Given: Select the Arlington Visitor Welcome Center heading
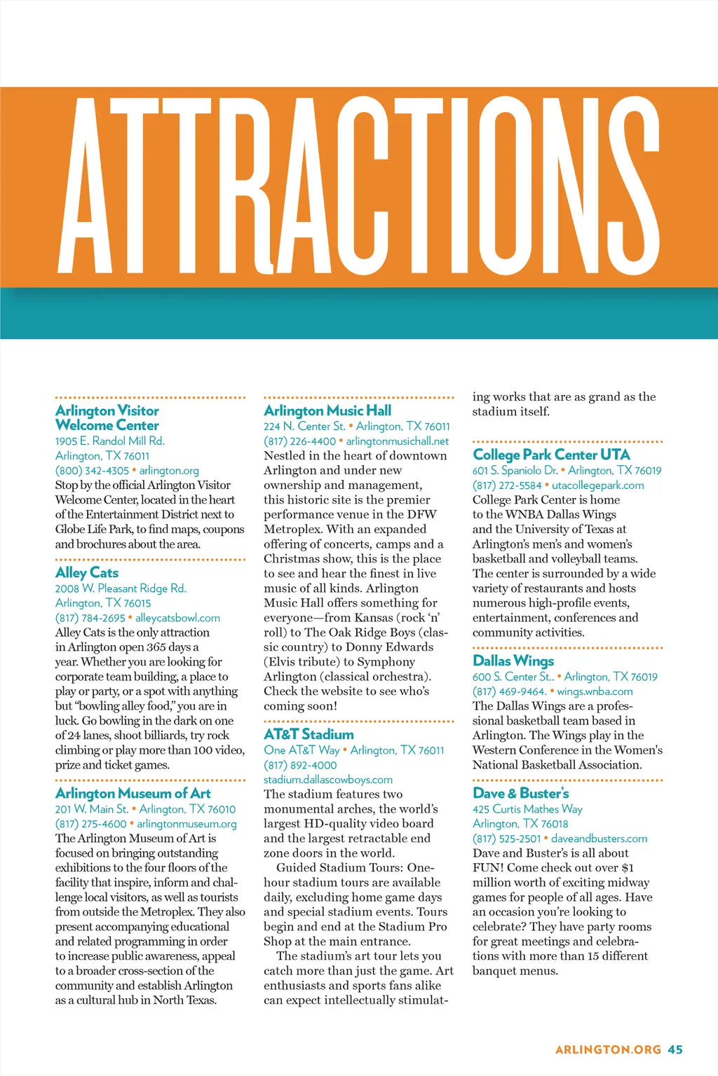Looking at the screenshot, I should [107, 418].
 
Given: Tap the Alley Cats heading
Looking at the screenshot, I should [87, 573].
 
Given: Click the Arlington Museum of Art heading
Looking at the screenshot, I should [133, 794].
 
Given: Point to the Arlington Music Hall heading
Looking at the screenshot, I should [327, 411].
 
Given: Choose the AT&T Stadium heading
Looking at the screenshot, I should [309, 735].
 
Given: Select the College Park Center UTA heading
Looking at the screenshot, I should [551, 455].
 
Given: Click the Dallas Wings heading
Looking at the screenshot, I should [513, 661].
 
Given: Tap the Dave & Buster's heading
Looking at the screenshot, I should [521, 794].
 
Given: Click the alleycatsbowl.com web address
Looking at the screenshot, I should [177, 618].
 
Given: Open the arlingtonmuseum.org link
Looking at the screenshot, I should [187, 824].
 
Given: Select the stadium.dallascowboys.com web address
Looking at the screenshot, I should [328, 780].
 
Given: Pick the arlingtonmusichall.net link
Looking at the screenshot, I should [398, 441].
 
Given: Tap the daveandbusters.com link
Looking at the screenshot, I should [599, 839].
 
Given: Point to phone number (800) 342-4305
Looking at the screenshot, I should [92, 471].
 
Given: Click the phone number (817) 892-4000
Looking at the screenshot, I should [300, 765].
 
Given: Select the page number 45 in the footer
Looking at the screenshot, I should [675, 1049].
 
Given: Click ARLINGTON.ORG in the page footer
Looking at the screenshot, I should [608, 1049].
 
